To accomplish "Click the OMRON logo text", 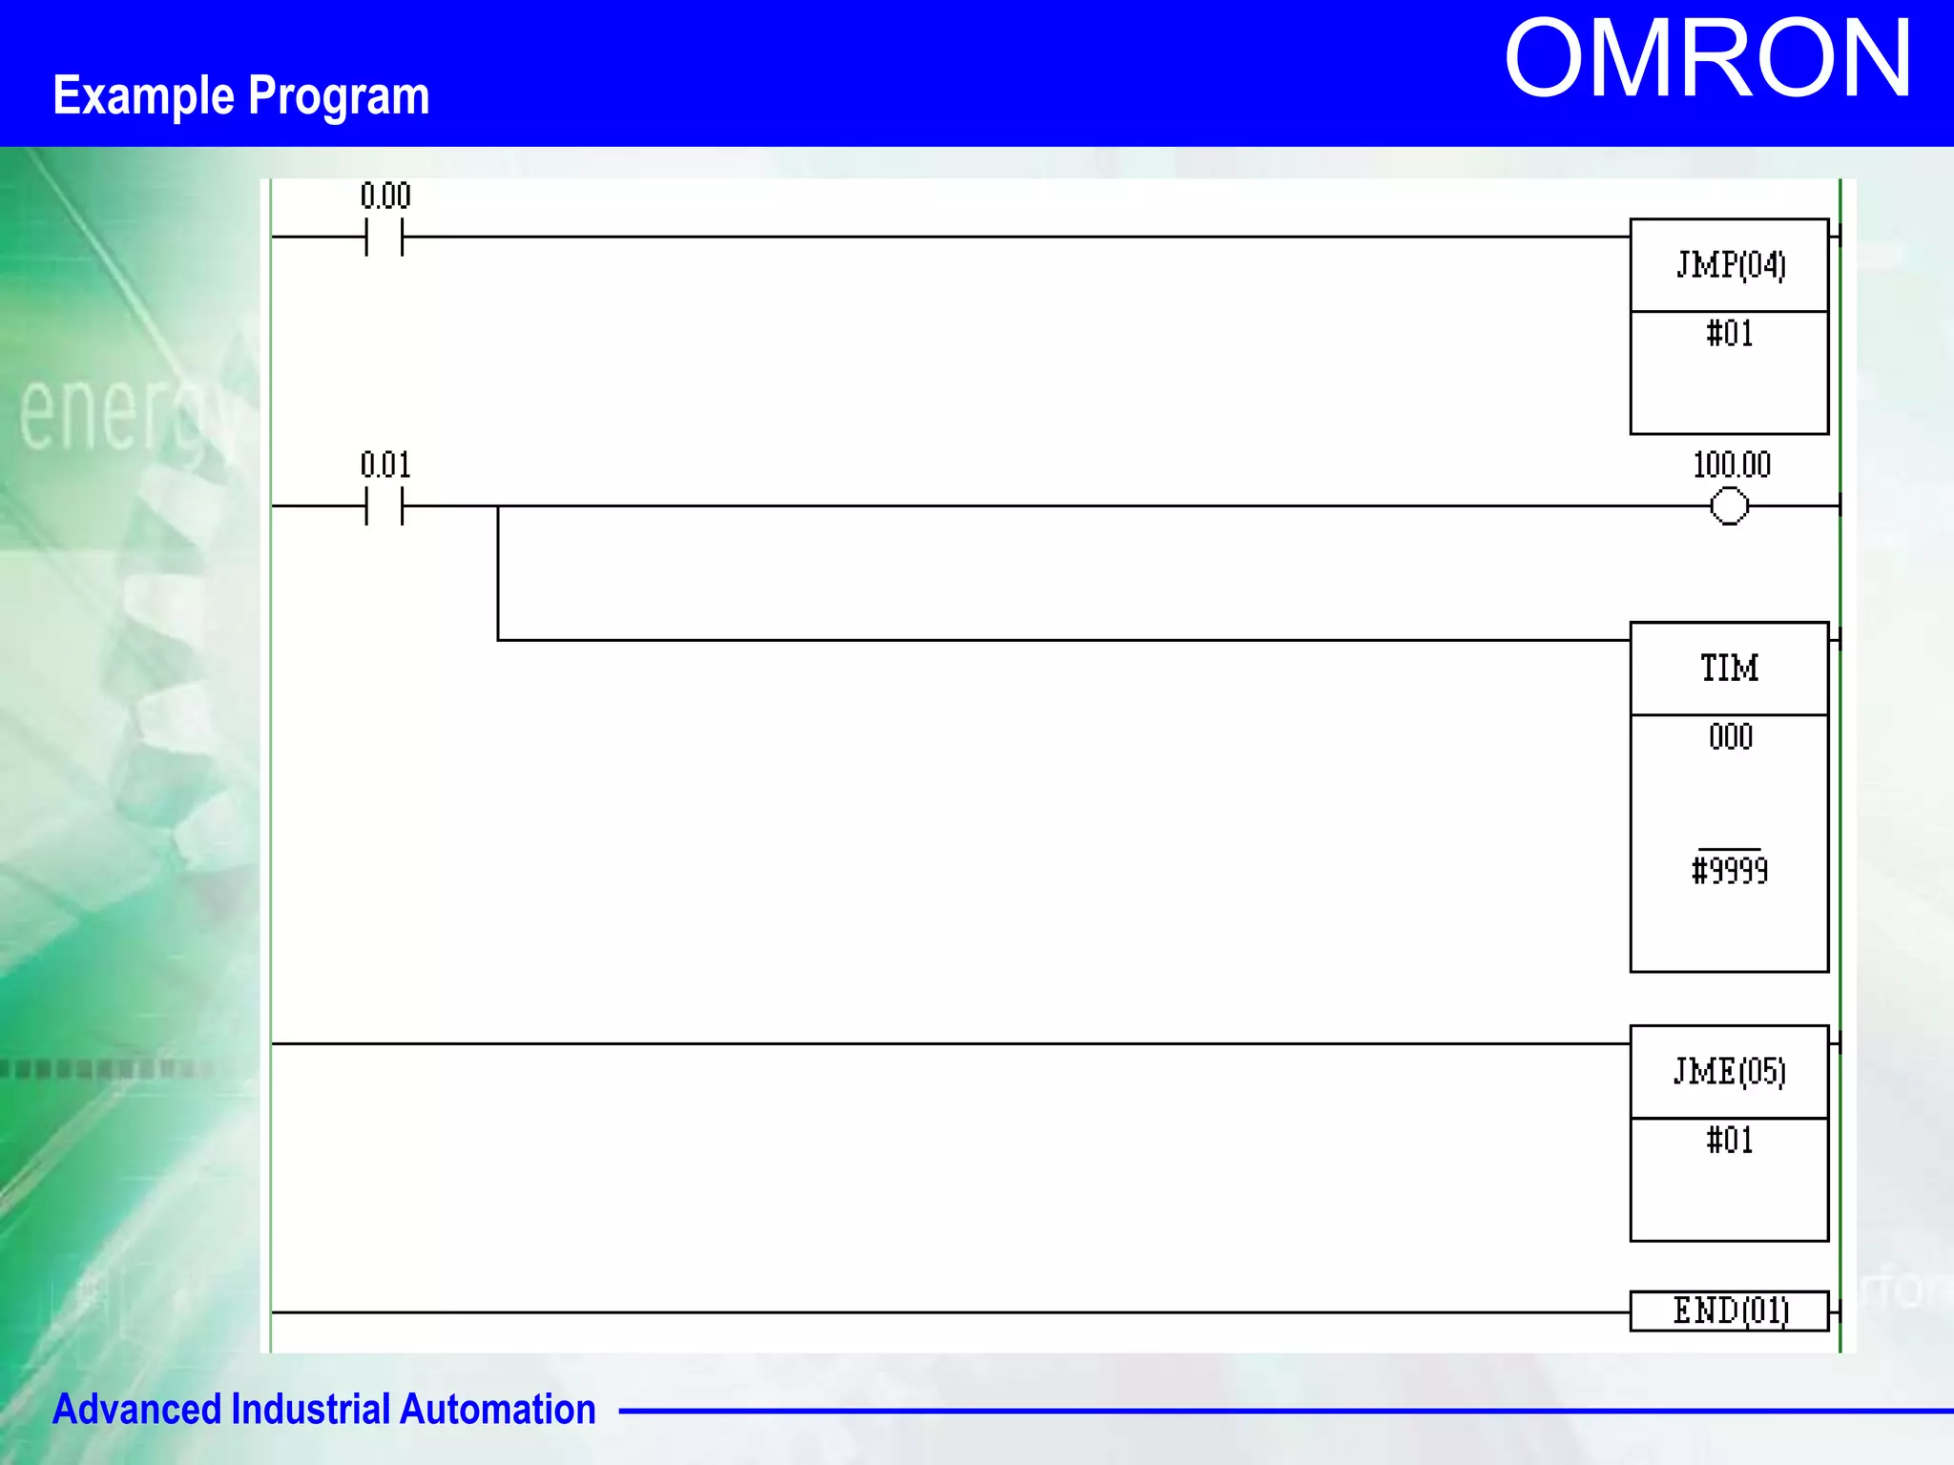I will (1707, 59).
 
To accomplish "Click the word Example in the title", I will (143, 96).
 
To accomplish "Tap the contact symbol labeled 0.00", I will (385, 237).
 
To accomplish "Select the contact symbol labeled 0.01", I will (385, 506).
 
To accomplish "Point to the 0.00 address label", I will (385, 196).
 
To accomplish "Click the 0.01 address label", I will (385, 465).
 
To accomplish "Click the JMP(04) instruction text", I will (1730, 265).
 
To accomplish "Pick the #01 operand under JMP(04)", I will (1730, 334).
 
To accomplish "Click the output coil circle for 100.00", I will (1730, 506).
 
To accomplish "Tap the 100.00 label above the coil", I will (1732, 465).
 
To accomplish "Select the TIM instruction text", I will (1730, 668).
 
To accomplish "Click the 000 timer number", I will (1731, 737).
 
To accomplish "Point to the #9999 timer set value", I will (1730, 870).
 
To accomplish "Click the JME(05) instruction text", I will (1730, 1071).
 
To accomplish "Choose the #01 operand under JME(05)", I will (1730, 1141).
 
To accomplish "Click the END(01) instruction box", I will (1730, 1311).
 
